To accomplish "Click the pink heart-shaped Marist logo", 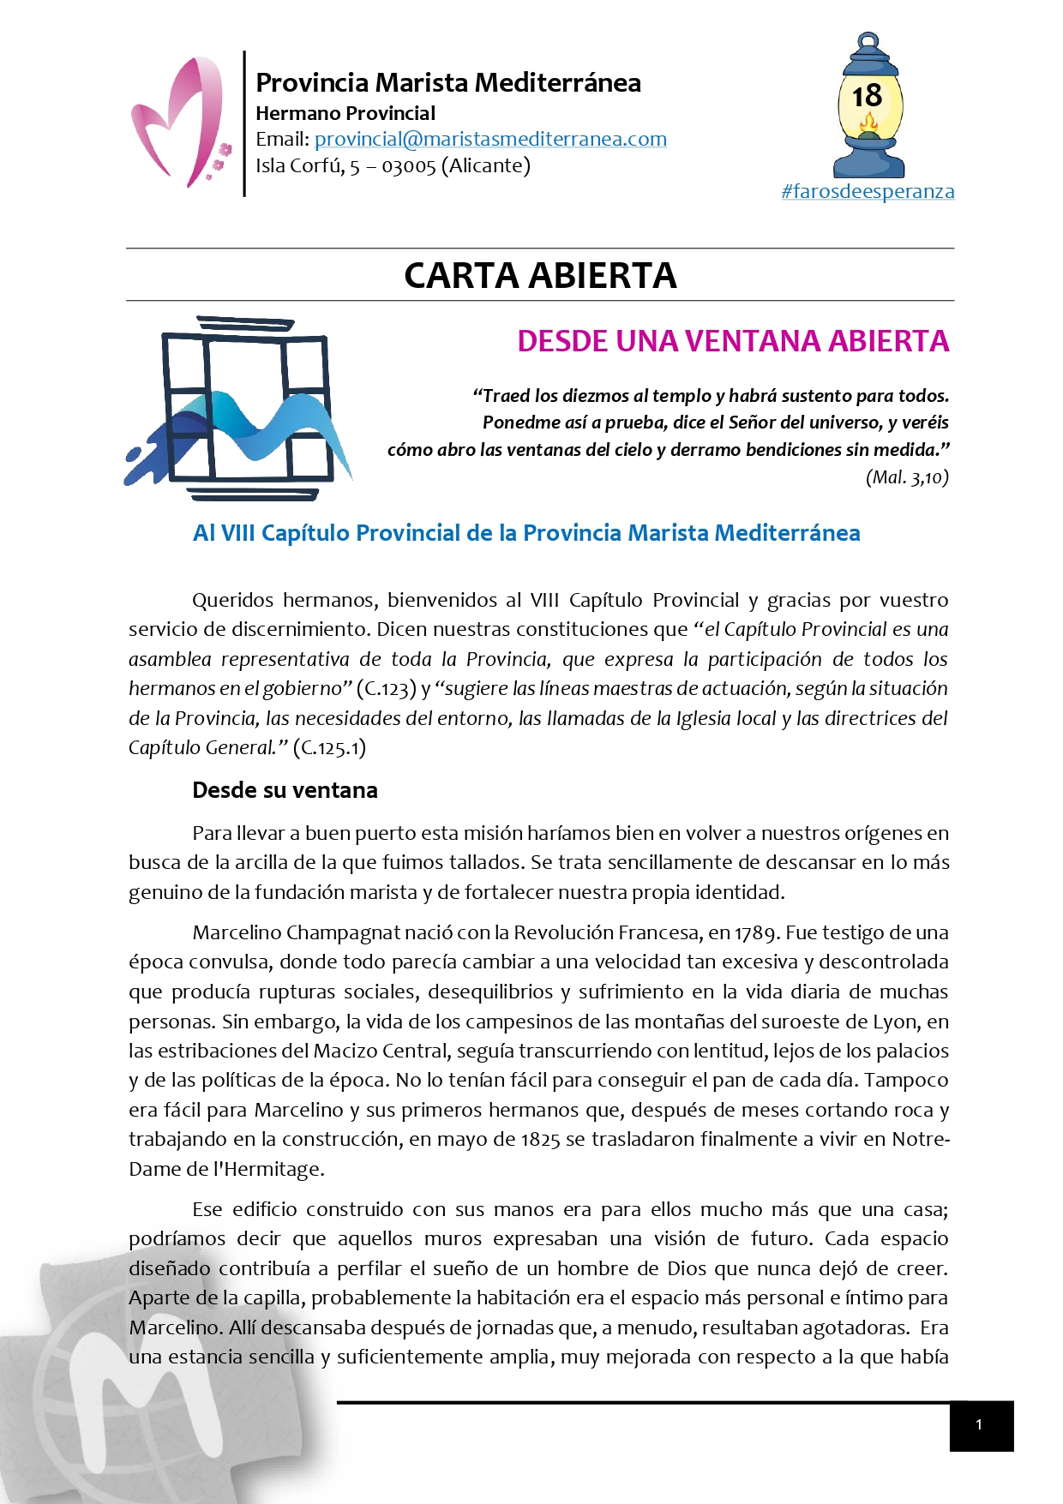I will click(x=177, y=122).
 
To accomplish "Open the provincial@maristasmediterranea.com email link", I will click(x=490, y=139).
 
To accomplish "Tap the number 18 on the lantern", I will click(x=868, y=96).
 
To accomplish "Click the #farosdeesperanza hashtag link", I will click(x=868, y=191).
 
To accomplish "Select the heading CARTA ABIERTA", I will click(x=540, y=275).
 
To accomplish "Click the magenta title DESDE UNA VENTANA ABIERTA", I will click(x=733, y=341).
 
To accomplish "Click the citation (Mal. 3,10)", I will click(x=907, y=477).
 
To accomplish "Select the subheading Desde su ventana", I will click(x=285, y=790).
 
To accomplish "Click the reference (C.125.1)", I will click(x=330, y=748).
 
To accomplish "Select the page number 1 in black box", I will click(x=980, y=1425).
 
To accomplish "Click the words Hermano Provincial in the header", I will click(x=345, y=113).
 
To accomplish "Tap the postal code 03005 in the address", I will click(x=408, y=165).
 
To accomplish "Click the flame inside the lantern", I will click(x=868, y=127).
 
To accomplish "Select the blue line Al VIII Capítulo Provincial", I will click(x=526, y=533).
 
